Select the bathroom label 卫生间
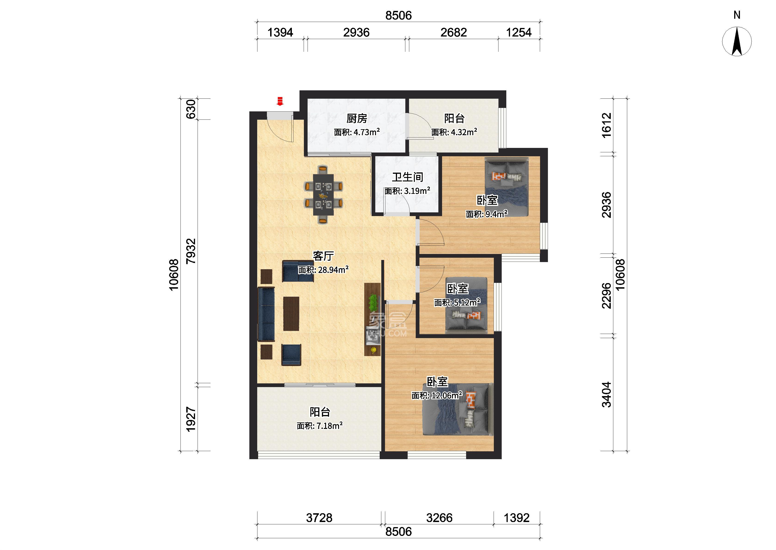(408, 177)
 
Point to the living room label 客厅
(323, 256)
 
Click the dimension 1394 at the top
(280, 33)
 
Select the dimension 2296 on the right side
(607, 296)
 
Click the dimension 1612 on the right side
(607, 125)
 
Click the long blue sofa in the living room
(266, 314)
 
